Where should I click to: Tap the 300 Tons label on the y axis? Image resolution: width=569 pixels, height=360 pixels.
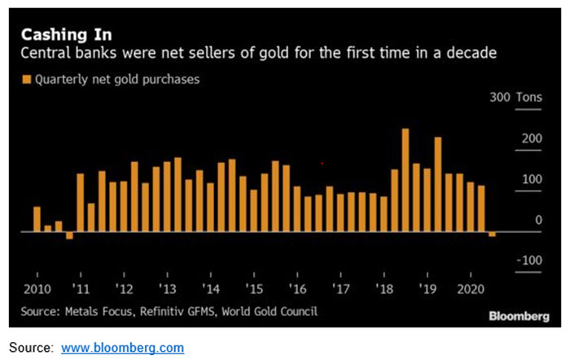520,98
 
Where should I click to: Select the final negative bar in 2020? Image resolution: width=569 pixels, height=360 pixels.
492,235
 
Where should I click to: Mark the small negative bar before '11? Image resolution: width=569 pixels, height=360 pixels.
69,235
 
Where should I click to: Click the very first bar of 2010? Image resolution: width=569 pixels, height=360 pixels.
37,219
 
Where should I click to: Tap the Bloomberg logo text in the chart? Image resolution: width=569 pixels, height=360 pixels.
518,314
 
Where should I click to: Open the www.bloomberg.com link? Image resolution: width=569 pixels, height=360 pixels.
123,348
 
